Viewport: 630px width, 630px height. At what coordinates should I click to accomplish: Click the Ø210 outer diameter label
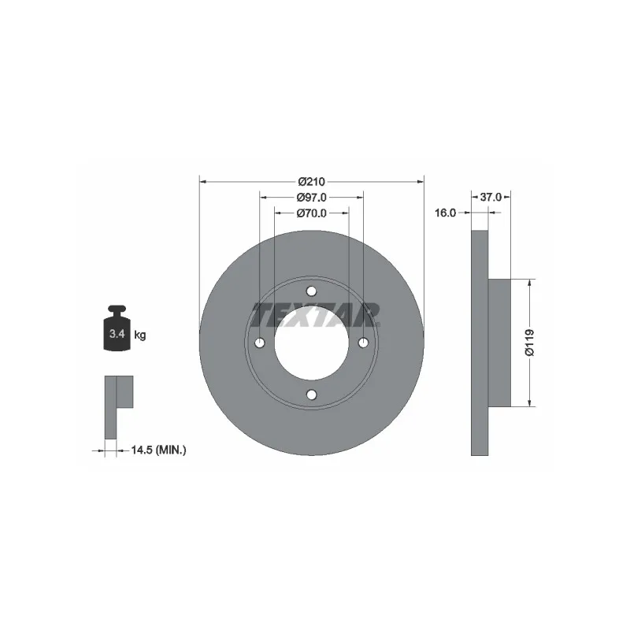[x=311, y=182]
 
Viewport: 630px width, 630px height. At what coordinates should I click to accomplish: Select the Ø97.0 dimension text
[x=311, y=198]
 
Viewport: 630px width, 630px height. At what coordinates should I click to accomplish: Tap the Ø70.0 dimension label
[x=311, y=213]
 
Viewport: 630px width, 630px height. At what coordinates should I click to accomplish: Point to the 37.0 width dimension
[x=491, y=198]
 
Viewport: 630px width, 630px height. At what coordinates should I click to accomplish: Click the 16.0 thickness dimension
[x=445, y=213]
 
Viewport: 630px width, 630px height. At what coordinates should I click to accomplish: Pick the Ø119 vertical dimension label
[x=530, y=343]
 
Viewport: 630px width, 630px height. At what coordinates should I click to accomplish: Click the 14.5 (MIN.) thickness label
[x=159, y=450]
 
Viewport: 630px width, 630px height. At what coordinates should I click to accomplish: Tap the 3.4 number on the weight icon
[x=117, y=333]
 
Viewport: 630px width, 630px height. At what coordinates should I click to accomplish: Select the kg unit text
[x=140, y=335]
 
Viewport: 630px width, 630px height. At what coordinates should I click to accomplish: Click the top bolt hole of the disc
[x=311, y=291]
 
